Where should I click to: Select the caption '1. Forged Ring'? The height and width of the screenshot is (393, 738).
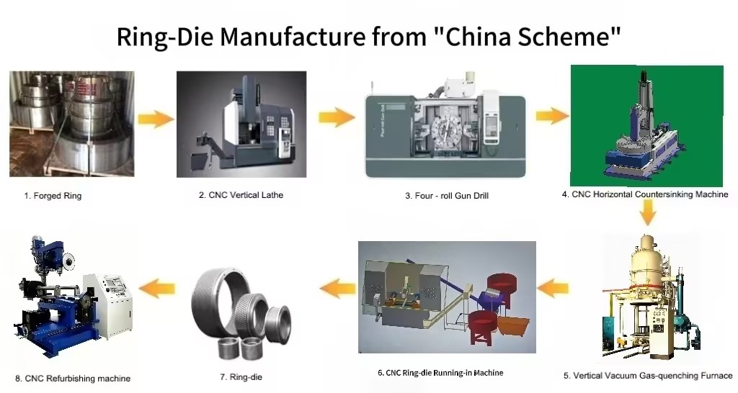pos(53,196)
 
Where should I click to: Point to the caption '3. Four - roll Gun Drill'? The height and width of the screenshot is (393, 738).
pos(447,196)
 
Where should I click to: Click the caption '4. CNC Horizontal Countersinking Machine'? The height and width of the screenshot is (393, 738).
pos(646,194)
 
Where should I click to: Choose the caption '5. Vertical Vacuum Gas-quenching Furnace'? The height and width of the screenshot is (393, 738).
pos(647,375)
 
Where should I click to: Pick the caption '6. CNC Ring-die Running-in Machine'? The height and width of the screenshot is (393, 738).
pos(440,373)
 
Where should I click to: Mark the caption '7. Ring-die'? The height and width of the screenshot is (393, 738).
pos(239,376)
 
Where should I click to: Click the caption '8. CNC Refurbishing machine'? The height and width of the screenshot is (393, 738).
pos(73,378)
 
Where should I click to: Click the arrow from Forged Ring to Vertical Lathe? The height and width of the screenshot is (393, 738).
pos(156,119)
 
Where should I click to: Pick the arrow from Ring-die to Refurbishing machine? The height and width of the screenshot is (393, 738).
pos(156,289)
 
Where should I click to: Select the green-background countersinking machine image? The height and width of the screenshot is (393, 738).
pos(646,125)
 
